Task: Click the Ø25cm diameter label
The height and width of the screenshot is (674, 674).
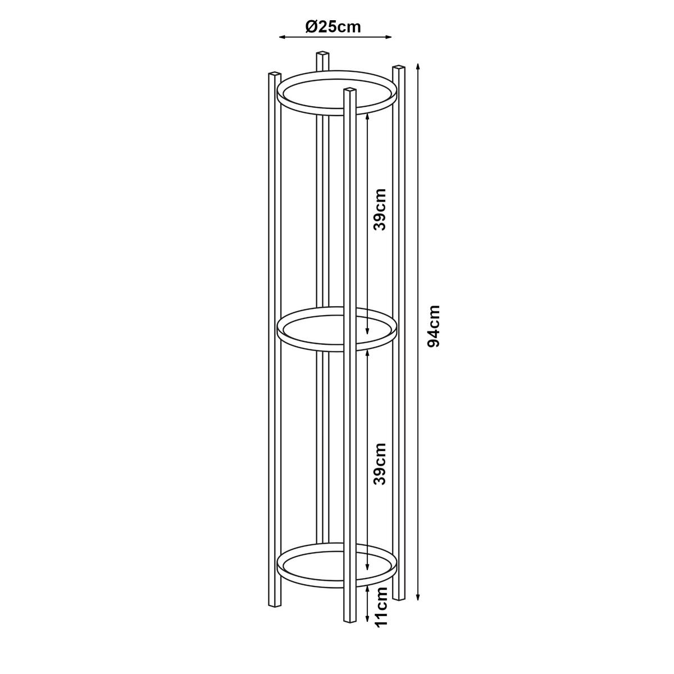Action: (333, 26)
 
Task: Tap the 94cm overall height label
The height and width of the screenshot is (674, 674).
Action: (434, 326)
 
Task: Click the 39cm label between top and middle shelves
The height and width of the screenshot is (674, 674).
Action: (380, 209)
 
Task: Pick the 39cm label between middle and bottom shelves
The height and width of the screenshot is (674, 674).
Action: (380, 464)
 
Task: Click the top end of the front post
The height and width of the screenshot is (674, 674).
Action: (350, 91)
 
